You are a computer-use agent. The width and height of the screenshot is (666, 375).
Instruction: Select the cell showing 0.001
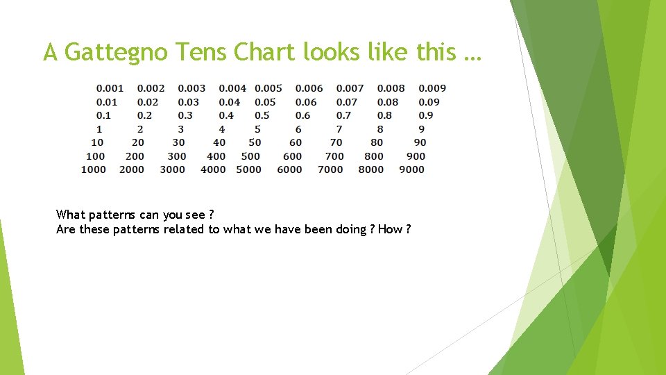coord(110,88)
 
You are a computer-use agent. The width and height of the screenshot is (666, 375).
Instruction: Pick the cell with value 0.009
coord(432,88)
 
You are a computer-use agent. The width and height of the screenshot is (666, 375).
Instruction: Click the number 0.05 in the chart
coord(265,102)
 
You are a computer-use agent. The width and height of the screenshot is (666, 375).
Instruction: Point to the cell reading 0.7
coord(344,115)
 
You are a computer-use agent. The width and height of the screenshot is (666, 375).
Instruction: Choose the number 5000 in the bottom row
coord(248,169)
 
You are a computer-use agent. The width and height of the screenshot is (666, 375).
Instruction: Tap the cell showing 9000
coord(412,169)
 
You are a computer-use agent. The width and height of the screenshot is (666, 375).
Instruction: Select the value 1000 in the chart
coord(94,169)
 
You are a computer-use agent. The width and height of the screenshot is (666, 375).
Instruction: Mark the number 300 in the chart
coord(177,156)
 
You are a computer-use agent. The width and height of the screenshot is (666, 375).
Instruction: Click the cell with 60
coord(296,142)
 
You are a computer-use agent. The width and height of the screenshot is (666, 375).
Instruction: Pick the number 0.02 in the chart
coord(148,102)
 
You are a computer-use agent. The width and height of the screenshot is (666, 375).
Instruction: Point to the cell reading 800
coord(374,156)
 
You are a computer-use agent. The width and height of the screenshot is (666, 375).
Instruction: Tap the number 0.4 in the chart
coord(226,115)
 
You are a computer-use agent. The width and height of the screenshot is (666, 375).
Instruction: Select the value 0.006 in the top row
coord(309,88)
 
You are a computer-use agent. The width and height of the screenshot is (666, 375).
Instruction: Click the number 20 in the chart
coord(138,142)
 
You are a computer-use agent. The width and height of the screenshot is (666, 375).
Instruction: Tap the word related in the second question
coord(184,230)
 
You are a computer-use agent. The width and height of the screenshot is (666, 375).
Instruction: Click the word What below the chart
coord(70,215)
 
